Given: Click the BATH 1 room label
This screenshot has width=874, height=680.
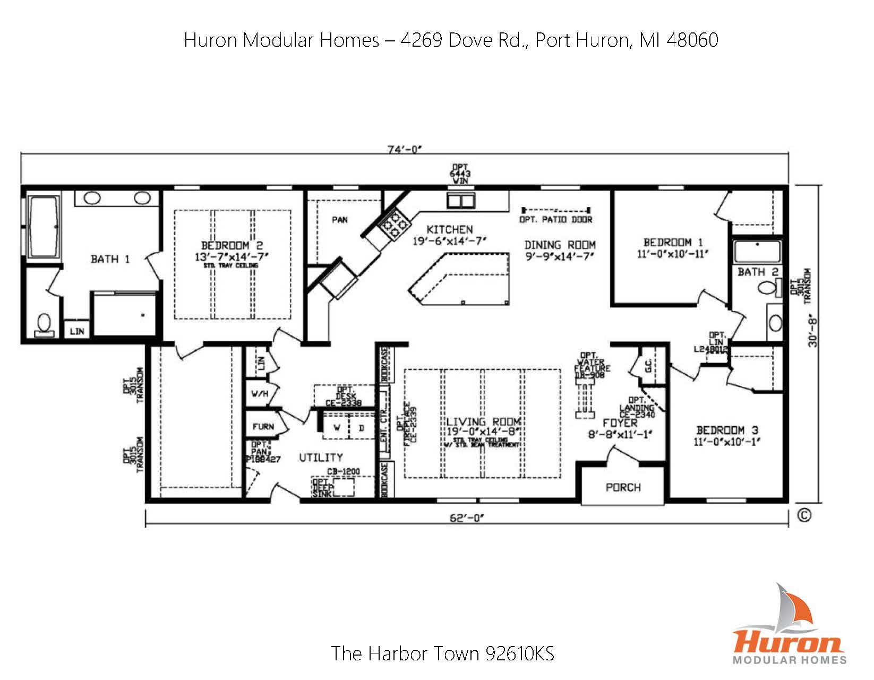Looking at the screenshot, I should click(110, 259).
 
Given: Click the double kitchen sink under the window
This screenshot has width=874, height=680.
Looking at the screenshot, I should click(460, 201).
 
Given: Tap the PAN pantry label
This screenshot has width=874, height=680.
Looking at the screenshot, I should click(340, 220).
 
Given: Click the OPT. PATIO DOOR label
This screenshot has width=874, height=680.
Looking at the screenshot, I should click(555, 220).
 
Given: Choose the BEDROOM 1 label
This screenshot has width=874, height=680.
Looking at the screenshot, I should click(673, 243).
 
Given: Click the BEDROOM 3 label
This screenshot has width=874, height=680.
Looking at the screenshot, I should click(727, 430).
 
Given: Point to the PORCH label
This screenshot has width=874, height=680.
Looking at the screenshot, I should click(623, 487).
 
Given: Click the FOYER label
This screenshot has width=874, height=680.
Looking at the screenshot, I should click(620, 423).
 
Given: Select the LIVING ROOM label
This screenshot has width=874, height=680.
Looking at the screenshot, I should click(483, 422).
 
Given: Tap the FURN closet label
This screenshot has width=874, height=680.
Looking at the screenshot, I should click(263, 426).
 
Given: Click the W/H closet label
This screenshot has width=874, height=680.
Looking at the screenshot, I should click(260, 394).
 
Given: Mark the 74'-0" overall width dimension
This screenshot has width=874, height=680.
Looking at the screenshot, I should click(404, 150).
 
